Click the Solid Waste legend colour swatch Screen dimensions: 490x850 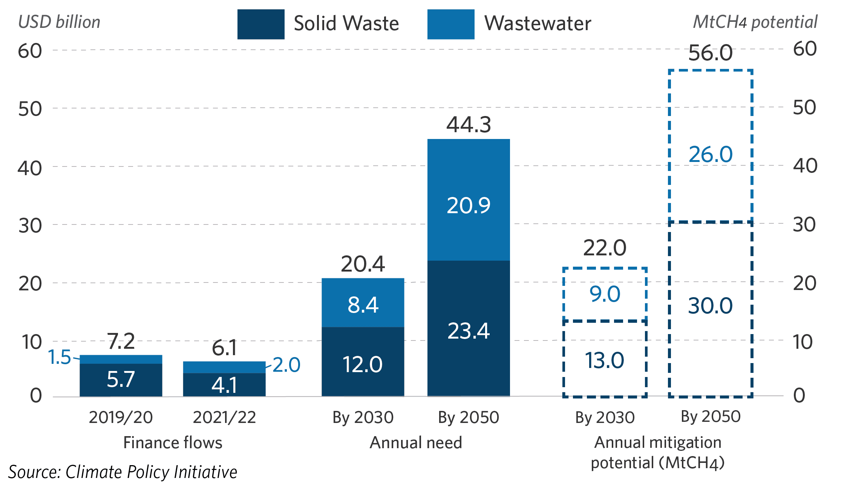point(261,24)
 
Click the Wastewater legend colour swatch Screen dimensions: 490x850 point(451,24)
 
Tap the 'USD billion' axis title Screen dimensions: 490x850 point(59,22)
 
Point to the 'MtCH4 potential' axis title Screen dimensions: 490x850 point(755,22)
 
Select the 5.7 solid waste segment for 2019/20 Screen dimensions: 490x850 point(121,379)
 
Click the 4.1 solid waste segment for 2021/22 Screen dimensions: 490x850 point(224,385)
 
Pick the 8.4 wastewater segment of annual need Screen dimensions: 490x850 point(363,303)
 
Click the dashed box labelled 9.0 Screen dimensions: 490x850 point(605,294)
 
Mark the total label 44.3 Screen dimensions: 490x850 point(469,125)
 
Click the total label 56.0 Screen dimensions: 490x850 point(711,53)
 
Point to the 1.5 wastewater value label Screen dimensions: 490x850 point(60,357)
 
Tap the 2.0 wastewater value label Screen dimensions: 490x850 point(286,365)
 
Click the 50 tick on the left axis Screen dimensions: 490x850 point(30,109)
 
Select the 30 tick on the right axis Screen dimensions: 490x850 point(805,224)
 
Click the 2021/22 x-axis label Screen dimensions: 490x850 point(224,417)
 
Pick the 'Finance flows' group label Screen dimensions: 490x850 point(173,443)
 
